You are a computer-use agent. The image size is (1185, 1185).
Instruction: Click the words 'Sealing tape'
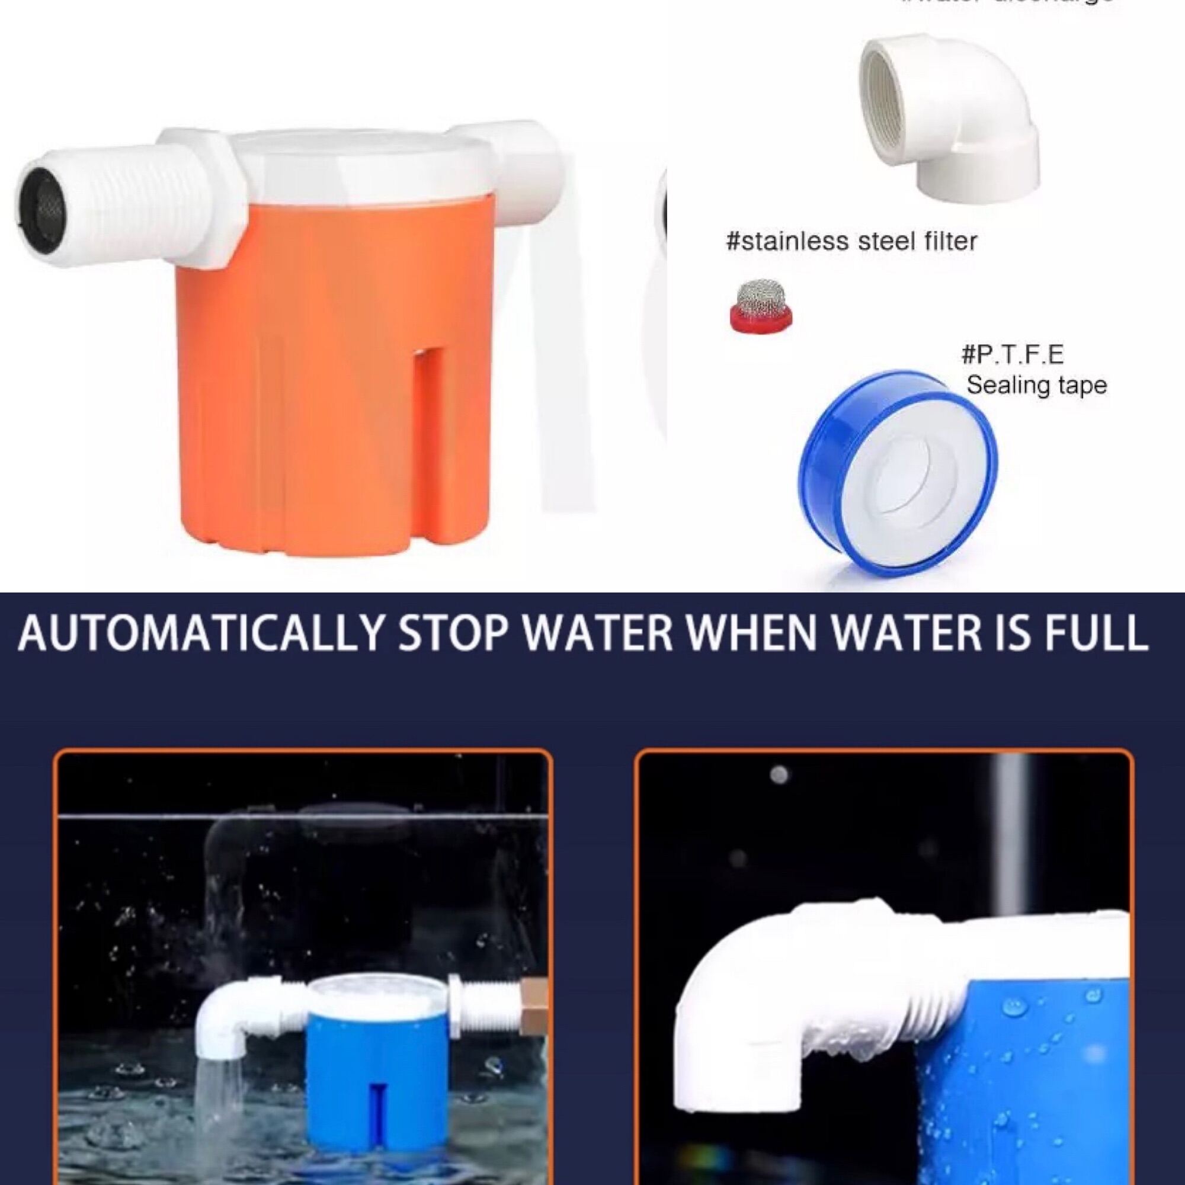click(x=1036, y=386)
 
